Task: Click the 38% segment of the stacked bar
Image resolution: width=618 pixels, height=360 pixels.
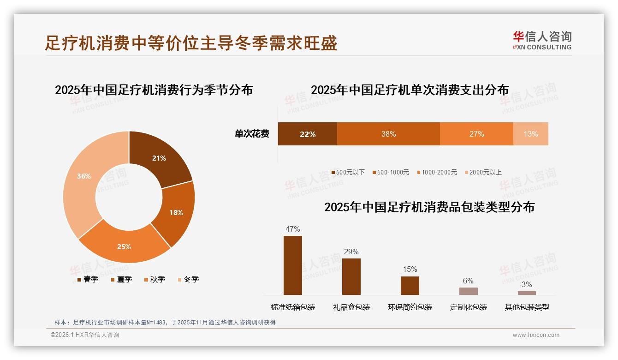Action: click(x=388, y=134)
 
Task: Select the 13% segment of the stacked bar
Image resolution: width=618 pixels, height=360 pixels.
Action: click(x=530, y=134)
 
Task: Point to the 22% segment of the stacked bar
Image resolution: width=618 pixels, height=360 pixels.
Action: click(x=307, y=134)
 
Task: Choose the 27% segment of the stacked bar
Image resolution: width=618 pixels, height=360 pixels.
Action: click(x=476, y=134)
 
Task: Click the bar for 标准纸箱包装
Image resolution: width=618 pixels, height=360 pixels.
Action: click(x=292, y=265)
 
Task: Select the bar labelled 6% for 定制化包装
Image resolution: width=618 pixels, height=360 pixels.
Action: click(x=468, y=291)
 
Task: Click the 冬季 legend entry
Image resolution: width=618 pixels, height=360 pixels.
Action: click(x=188, y=279)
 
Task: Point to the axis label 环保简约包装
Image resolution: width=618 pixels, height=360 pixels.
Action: click(x=410, y=307)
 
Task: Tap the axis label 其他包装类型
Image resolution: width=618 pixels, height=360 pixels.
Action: click(x=527, y=307)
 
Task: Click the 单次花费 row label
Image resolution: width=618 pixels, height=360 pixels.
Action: click(x=252, y=134)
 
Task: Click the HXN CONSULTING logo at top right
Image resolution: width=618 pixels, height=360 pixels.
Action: click(x=542, y=41)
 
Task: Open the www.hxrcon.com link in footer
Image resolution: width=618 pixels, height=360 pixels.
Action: click(x=535, y=335)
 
